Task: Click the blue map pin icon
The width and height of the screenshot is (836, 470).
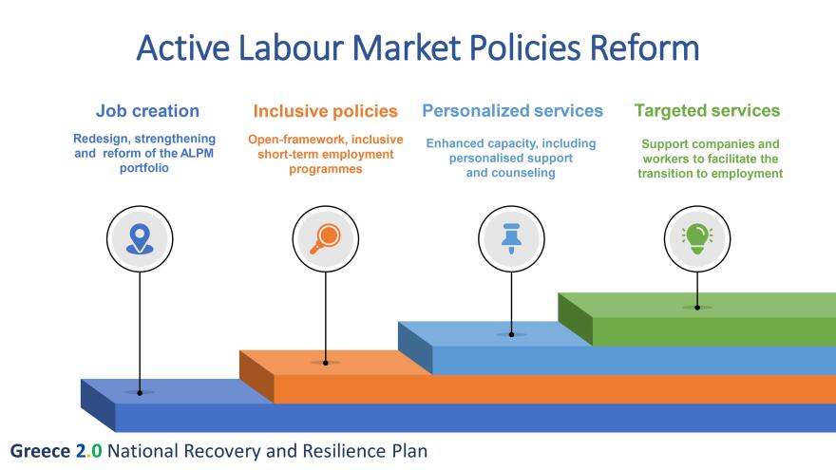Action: point(140,238)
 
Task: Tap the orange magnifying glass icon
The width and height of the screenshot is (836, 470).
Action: point(325,238)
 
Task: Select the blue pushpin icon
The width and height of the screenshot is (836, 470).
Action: point(511,238)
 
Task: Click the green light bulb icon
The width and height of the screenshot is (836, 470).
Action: point(697,238)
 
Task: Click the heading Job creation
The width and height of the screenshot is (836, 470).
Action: point(147,111)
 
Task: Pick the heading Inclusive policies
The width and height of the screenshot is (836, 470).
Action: point(325,111)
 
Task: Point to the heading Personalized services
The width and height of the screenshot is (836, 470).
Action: point(512,110)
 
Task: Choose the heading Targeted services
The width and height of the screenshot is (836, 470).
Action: point(707,110)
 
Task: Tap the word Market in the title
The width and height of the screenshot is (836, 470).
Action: point(407,48)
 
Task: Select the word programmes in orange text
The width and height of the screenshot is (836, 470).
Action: point(326,169)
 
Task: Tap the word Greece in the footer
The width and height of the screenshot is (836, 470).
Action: point(40,451)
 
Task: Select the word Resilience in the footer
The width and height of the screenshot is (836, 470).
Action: point(345,451)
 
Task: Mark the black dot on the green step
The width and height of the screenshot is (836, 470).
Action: point(697,308)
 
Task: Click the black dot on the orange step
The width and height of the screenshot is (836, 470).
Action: point(325,363)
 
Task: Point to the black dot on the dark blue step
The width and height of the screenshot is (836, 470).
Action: point(140,393)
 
